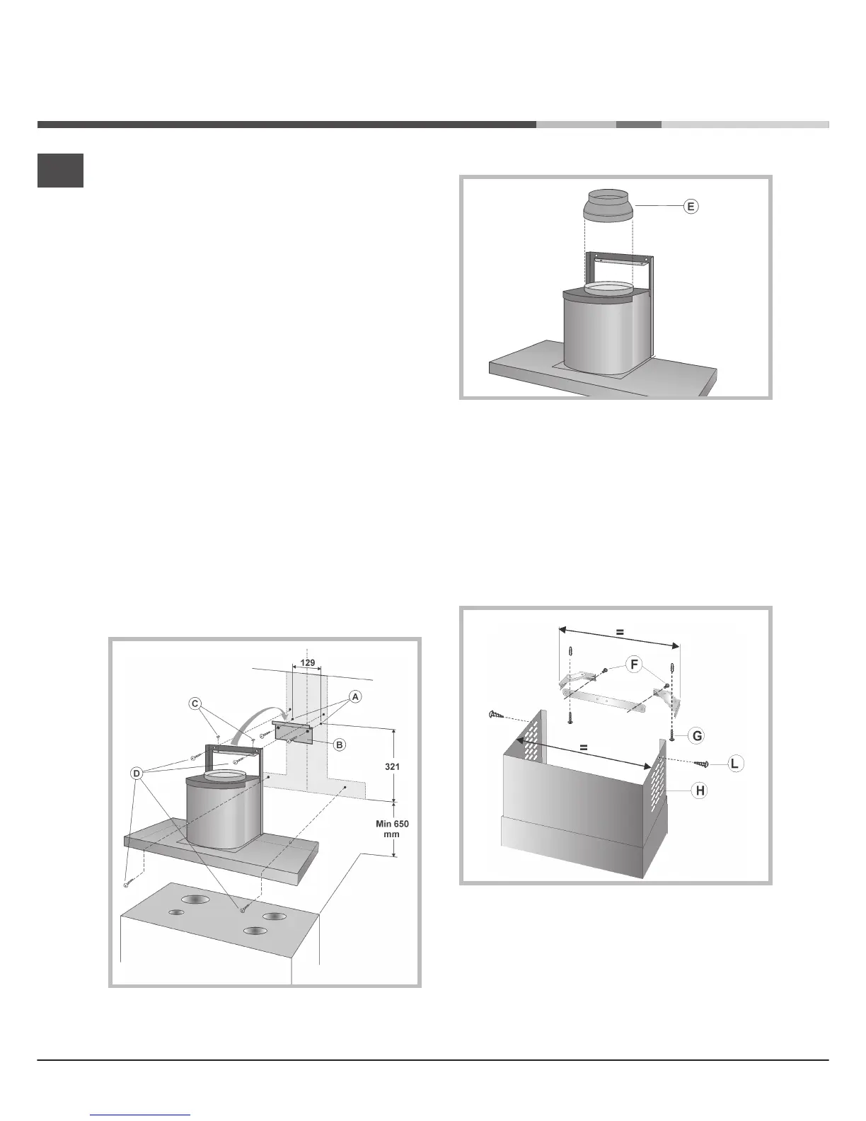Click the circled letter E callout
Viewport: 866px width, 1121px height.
tap(691, 206)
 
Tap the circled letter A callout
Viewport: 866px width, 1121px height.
tap(355, 696)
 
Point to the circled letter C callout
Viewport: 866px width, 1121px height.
tap(195, 703)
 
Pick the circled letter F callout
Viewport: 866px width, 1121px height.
tap(635, 665)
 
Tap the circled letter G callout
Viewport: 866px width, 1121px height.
tap(697, 736)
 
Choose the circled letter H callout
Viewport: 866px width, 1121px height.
tap(699, 791)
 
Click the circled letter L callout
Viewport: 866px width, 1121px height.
tap(737, 764)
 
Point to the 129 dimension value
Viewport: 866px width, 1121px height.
tap(308, 663)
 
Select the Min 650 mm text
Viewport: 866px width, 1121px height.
tap(392, 829)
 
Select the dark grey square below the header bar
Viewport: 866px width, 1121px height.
tap(60, 171)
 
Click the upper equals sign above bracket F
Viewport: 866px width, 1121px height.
tap(619, 632)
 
